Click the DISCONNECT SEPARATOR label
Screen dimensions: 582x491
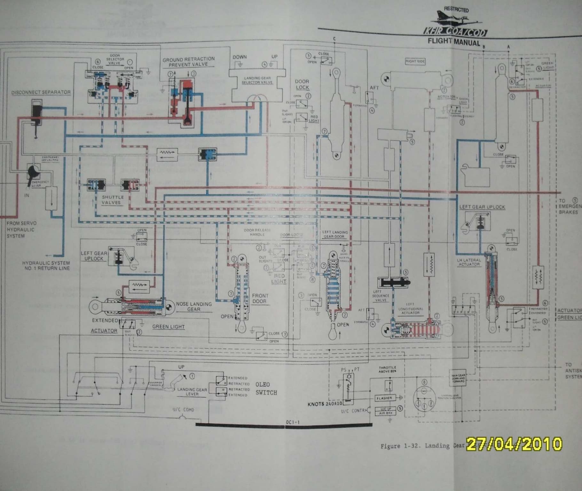coord(41,92)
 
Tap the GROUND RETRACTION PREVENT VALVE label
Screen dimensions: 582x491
coord(188,62)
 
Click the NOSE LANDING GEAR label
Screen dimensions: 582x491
coord(194,306)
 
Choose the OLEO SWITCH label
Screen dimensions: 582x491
coord(266,388)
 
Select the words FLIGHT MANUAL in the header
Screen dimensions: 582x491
coord(454,42)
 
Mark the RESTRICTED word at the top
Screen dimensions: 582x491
coord(456,10)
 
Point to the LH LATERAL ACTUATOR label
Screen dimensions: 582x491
coord(469,262)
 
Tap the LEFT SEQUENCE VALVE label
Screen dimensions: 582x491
coord(380,296)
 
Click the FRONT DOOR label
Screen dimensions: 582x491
coord(259,298)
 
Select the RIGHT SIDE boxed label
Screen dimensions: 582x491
coord(415,61)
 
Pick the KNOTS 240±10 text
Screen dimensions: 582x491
coord(325,404)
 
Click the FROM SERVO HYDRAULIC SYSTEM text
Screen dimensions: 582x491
coord(21,230)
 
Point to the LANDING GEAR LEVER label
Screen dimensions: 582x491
coord(192,392)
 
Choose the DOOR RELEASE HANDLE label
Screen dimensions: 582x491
coord(257,232)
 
